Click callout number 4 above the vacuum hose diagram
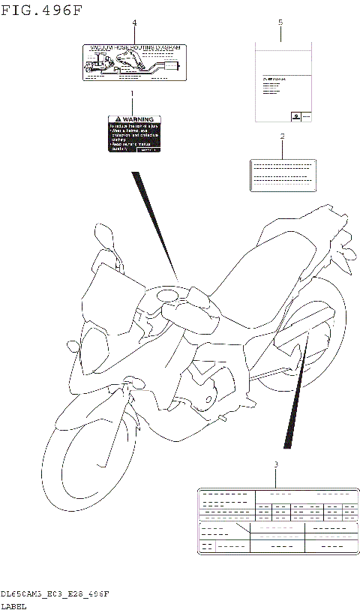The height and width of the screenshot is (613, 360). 134,23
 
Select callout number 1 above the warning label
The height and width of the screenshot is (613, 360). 131,95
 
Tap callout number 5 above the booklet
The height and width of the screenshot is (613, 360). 280,23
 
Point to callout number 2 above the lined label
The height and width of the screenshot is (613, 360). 282,137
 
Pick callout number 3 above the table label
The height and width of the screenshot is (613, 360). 276,465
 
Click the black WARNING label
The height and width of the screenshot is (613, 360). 134,134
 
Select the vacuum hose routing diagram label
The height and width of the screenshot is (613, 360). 134,62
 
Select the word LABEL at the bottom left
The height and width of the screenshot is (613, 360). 13,605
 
